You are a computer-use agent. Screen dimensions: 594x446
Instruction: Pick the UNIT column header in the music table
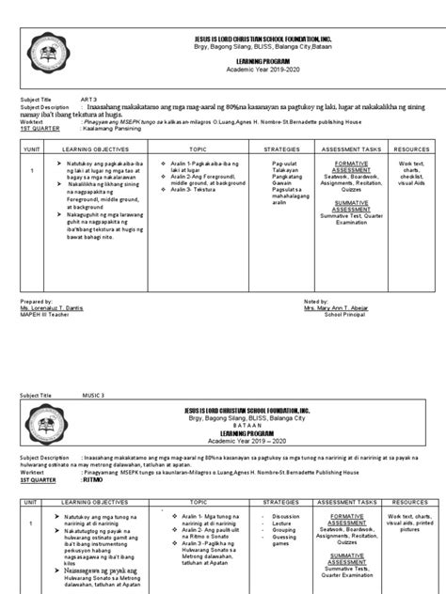point(32,501)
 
